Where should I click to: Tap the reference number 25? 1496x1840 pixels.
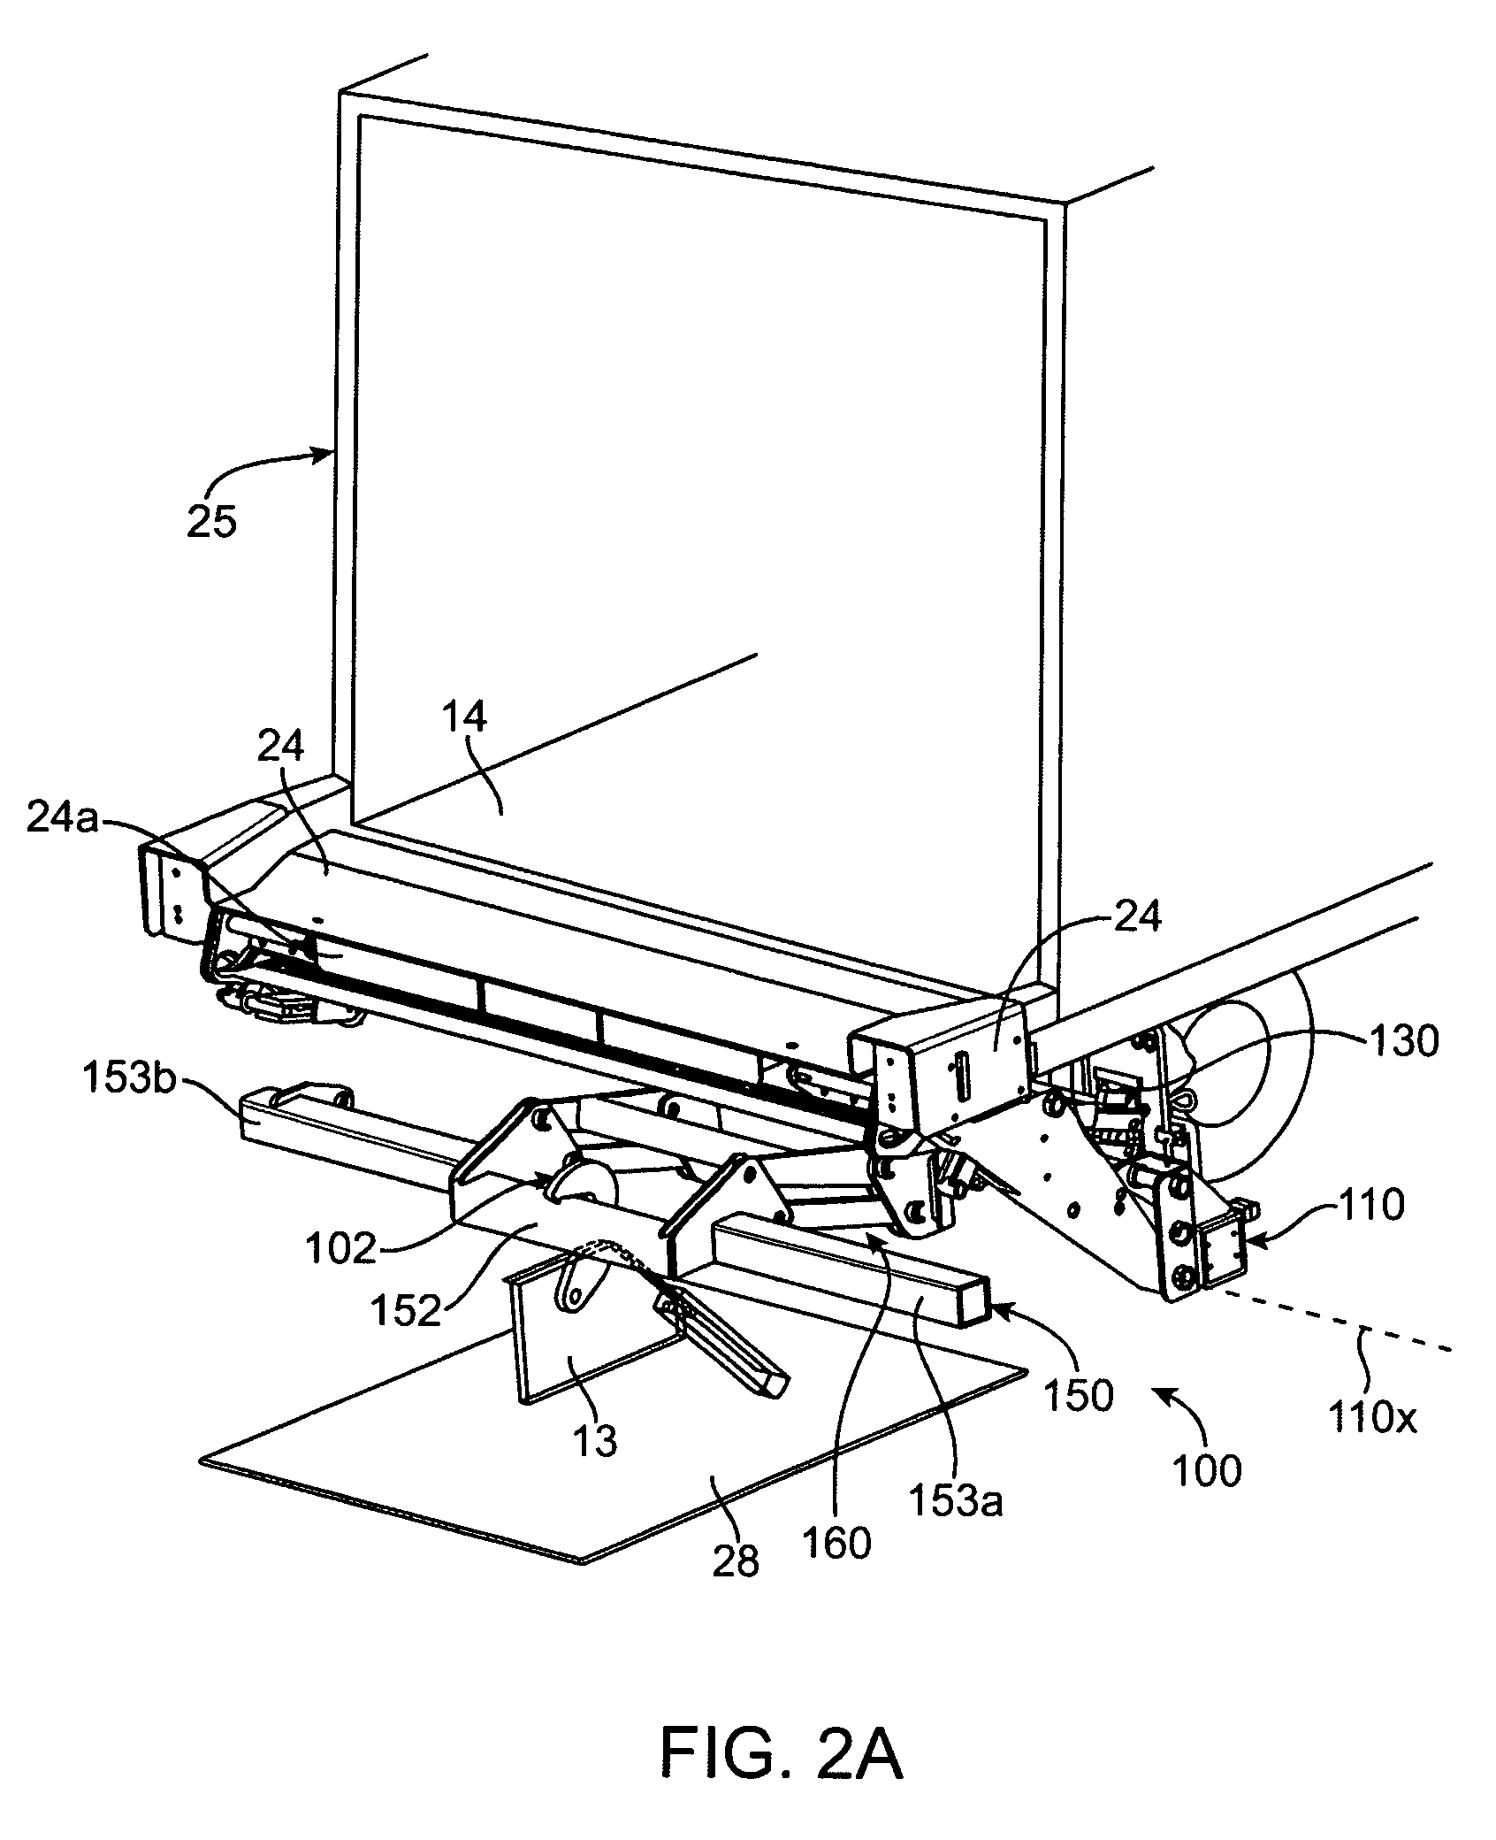[x=211, y=521]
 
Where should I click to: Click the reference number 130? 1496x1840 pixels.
[x=1403, y=1042]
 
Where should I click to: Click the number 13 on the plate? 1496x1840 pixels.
[x=596, y=1442]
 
